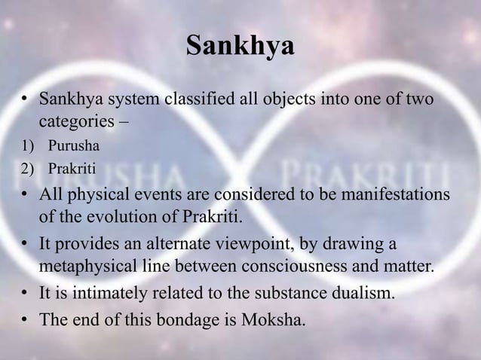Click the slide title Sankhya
pyautogui.click(x=240, y=47)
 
